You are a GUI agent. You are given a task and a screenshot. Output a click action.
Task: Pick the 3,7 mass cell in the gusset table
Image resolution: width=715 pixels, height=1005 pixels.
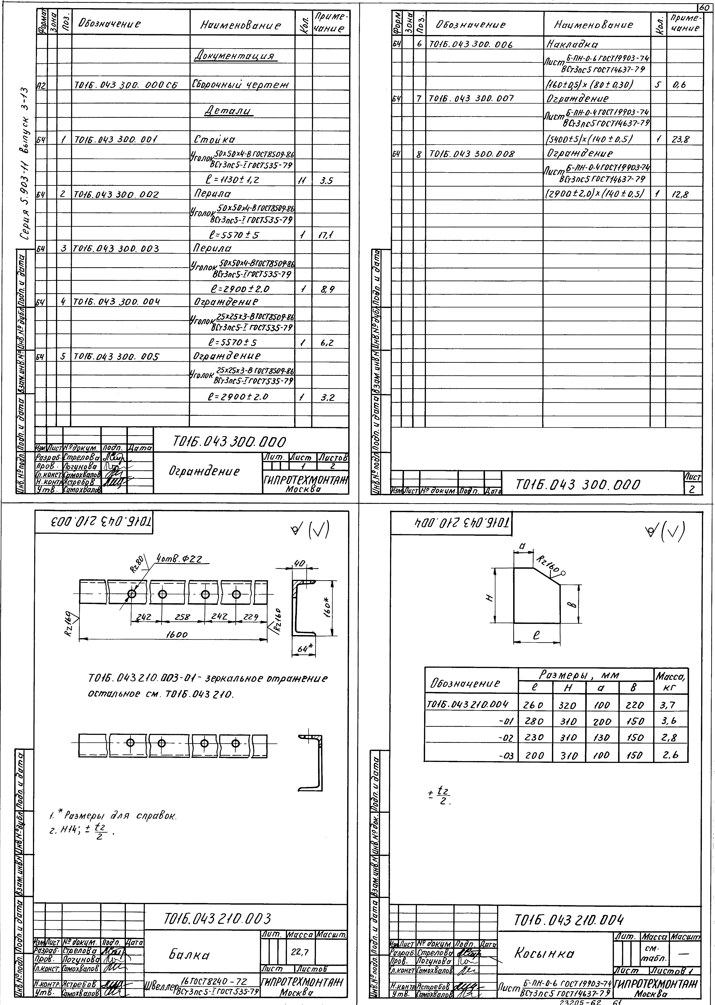click(x=667, y=705)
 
